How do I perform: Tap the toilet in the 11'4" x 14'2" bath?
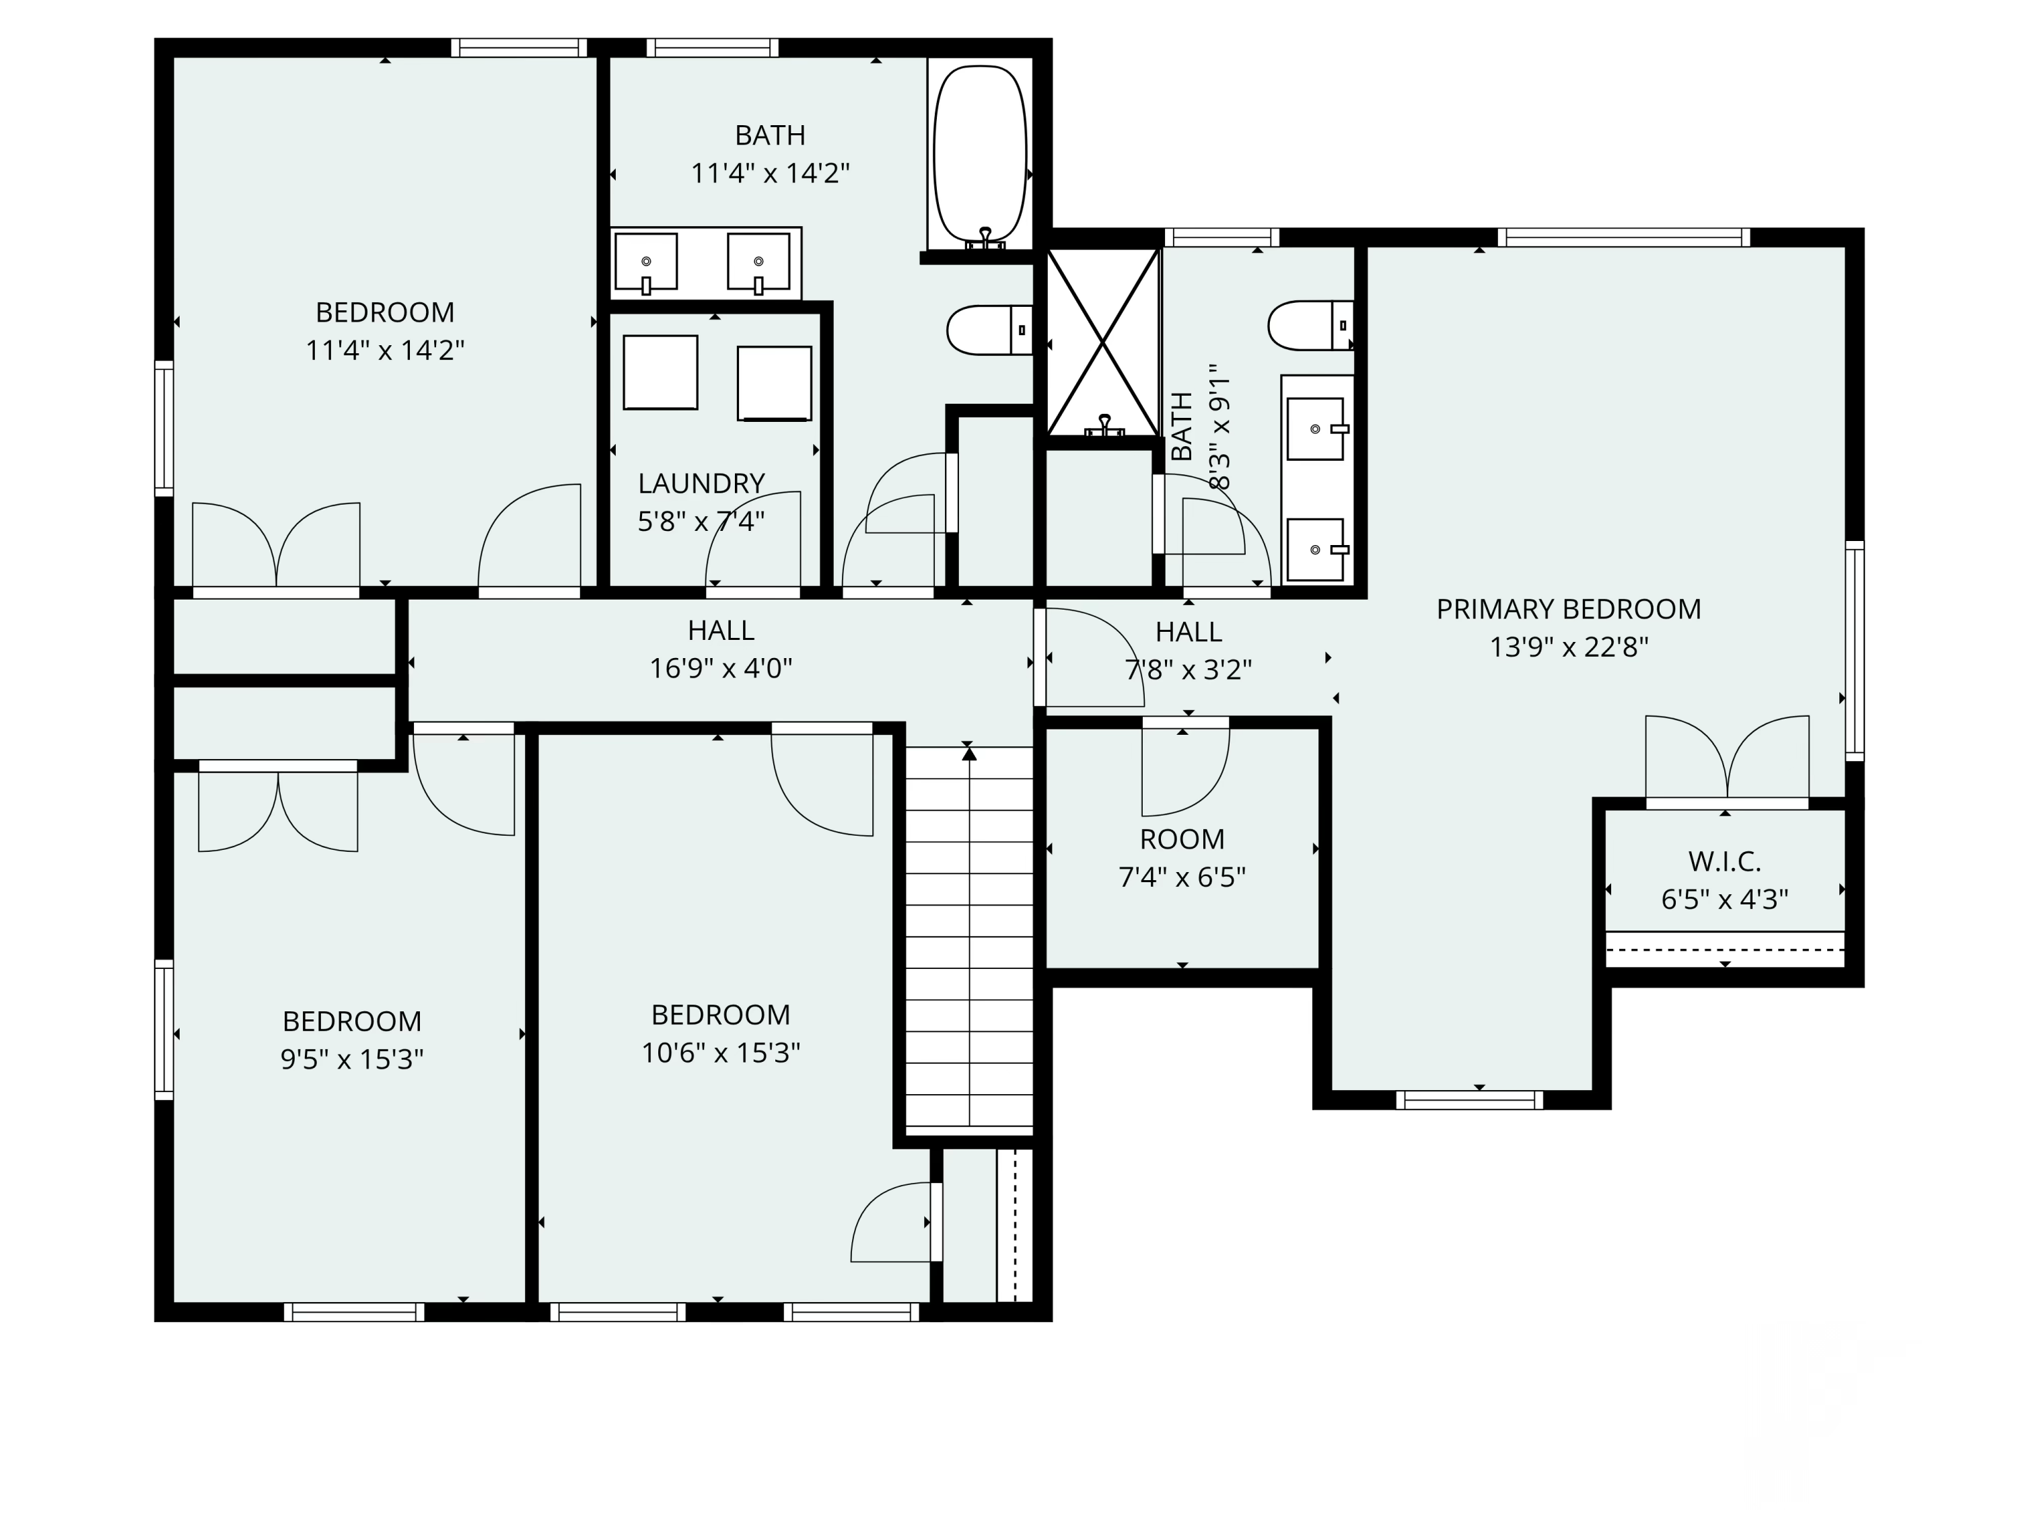click(x=989, y=330)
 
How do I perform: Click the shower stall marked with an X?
click(x=1102, y=343)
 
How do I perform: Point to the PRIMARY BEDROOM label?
click(x=1569, y=609)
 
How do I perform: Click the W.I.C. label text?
click(x=1724, y=861)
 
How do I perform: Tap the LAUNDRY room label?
click(x=701, y=482)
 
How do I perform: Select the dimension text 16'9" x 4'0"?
click(x=721, y=669)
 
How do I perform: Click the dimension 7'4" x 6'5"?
click(x=1182, y=877)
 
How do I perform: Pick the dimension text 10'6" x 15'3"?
click(x=721, y=1053)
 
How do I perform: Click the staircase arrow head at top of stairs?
click(x=969, y=753)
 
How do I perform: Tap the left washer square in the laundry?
click(x=661, y=372)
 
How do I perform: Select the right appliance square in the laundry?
click(x=774, y=384)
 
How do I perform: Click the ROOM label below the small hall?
click(x=1182, y=838)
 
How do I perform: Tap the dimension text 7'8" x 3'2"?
click(x=1189, y=670)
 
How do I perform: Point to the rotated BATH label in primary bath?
click(x=1181, y=426)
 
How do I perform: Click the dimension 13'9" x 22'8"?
click(x=1569, y=647)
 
